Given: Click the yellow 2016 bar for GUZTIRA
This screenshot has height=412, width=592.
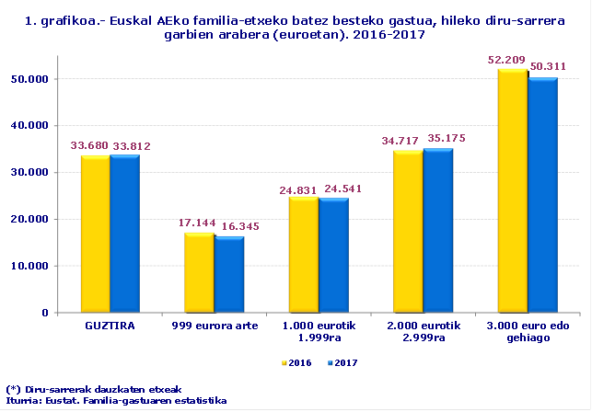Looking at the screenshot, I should (x=95, y=235).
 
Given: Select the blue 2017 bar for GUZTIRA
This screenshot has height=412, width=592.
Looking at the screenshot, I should (x=124, y=235).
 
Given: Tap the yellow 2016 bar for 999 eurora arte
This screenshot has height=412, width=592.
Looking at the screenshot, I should (x=199, y=273).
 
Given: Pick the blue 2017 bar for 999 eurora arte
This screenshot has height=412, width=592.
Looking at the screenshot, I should (x=228, y=275).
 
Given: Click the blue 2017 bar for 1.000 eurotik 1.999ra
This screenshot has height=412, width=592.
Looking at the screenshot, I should (x=332, y=256).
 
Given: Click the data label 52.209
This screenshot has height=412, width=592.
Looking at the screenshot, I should (x=506, y=60).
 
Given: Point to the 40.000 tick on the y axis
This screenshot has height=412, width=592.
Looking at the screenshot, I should (x=30, y=125).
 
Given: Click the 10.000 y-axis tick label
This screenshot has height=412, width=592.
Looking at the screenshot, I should (x=30, y=266).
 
